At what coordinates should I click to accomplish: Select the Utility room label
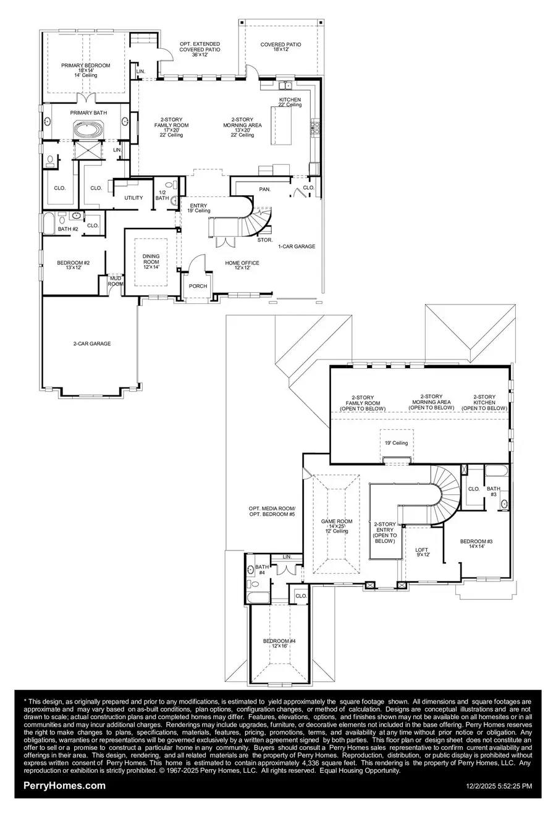(x=133, y=198)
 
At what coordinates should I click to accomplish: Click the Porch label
(x=198, y=286)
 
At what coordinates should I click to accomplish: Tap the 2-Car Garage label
(x=90, y=343)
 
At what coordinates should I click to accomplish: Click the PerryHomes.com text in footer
(x=64, y=786)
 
